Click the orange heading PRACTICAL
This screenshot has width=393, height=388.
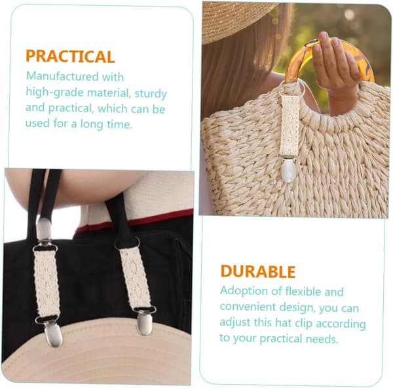(x=70, y=56)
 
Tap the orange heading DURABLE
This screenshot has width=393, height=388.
(x=258, y=271)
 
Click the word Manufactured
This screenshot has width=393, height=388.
(x=62, y=76)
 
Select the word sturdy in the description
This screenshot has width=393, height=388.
(x=151, y=94)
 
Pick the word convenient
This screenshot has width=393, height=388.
(x=248, y=307)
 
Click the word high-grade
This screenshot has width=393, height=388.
(x=54, y=93)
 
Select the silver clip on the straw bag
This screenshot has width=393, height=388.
(x=288, y=169)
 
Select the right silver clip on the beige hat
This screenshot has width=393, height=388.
(x=144, y=324)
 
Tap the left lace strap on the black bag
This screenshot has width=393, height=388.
(x=47, y=284)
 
